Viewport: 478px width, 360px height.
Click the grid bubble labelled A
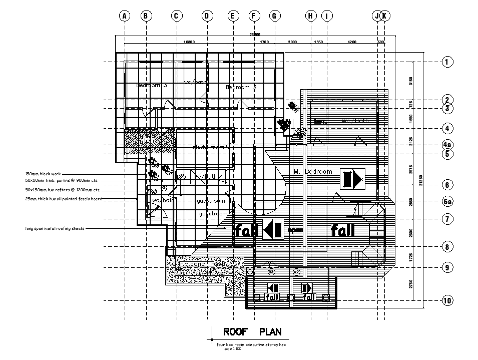coord(125,16)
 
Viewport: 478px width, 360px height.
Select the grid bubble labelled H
coord(310,16)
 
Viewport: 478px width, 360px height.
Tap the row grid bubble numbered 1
coord(447,62)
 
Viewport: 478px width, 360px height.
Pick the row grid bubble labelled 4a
coord(447,145)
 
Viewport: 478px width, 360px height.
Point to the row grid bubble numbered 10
coord(447,301)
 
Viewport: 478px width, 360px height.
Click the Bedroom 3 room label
coord(151,86)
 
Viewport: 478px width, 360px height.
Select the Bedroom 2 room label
coord(241,87)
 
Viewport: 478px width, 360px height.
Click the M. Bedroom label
coord(313,172)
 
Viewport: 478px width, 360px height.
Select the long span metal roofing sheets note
coord(55,228)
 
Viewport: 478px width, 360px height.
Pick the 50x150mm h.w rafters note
coord(63,190)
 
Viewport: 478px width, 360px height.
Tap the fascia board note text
coord(64,199)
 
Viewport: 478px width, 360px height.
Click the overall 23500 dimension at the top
coord(254,34)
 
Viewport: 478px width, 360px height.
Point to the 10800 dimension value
coord(189,42)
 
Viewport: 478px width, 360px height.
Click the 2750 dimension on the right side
coord(411,284)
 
